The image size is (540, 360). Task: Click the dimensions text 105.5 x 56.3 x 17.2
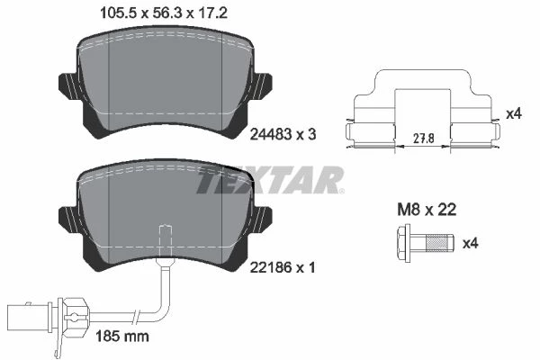point(163,13)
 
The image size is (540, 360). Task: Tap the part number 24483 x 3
point(283,134)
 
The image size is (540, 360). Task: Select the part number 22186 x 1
point(283,267)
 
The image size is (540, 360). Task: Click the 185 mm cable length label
point(122,336)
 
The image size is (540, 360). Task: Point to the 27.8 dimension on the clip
point(423,139)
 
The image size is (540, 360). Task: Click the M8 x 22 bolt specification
point(427,210)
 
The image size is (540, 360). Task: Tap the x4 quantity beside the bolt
point(471,244)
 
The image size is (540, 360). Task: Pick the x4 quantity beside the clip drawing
point(514,113)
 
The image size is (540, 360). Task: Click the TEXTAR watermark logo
point(270,180)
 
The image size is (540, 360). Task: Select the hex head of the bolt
point(404,243)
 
